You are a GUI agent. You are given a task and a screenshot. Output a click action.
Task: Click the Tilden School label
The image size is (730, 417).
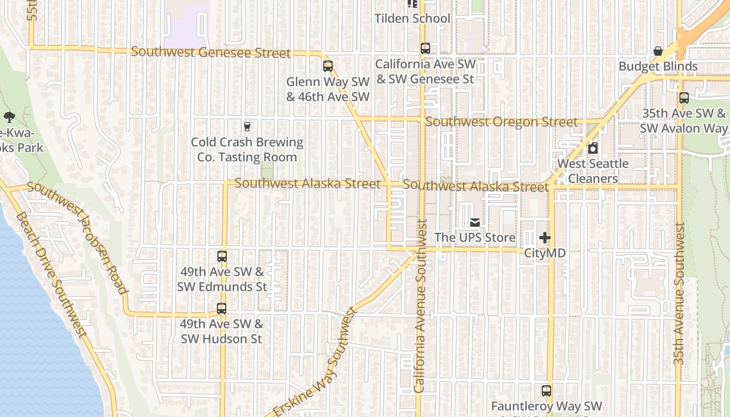412,19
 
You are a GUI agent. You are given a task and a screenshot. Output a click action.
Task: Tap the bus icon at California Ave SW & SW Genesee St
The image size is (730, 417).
425,48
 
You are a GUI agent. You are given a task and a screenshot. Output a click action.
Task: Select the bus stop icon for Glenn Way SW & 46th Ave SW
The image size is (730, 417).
328,66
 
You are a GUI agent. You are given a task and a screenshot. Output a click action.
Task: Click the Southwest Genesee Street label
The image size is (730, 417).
211,52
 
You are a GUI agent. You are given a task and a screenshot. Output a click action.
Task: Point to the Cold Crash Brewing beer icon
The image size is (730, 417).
247,126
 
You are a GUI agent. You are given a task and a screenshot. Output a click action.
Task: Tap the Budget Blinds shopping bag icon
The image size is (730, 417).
658,51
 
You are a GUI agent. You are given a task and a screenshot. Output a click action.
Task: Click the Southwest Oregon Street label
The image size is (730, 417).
502,122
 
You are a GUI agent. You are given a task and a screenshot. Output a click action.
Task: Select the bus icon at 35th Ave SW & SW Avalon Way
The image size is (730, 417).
684,97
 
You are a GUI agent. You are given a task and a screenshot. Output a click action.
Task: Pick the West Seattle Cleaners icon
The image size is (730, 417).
593,148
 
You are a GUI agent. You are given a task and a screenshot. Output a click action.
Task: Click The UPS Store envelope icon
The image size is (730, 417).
475,223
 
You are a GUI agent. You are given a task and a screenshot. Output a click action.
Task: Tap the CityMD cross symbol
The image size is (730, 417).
545,238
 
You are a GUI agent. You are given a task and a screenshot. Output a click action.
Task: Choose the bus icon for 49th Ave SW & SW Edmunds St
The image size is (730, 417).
222,256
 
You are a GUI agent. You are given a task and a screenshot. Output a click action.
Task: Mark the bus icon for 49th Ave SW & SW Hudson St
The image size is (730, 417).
222,308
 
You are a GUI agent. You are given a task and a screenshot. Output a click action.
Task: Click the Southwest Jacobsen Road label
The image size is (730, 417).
78,237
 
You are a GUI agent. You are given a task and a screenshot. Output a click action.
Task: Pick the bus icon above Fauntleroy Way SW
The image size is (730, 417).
546,391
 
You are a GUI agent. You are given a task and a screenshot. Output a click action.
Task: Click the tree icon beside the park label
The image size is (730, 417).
9,117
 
